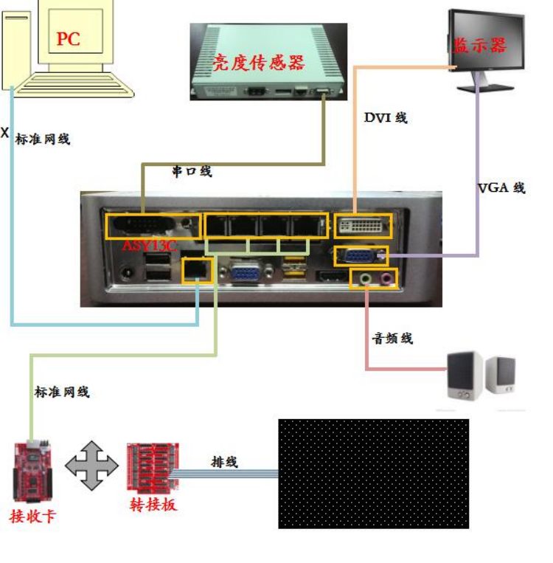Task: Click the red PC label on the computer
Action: coord(68,38)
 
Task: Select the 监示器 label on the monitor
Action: coord(480,46)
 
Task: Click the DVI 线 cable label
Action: coord(386,117)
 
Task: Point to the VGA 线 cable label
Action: coord(501,187)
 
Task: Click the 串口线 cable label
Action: coord(192,171)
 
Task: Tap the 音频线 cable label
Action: coord(392,338)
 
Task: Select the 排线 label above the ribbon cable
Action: coord(224,463)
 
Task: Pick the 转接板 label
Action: coord(153,505)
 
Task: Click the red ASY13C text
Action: coord(149,245)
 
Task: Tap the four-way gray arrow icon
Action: coord(92,466)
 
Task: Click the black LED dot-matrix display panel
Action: coord(373,473)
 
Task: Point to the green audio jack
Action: coord(364,279)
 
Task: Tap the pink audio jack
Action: coord(385,279)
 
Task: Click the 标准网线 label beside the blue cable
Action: coord(43,138)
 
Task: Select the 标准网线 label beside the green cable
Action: coord(62,392)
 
